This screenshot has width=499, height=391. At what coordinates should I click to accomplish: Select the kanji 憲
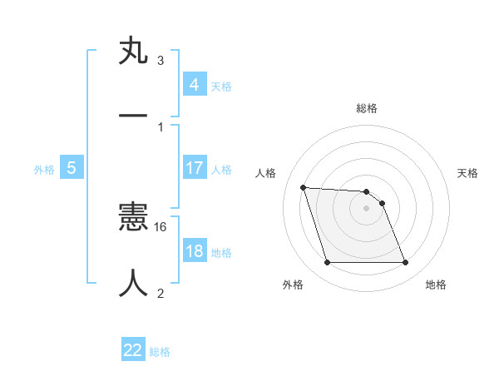coord(133,220)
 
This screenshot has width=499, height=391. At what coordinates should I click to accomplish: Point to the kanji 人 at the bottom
coord(133,283)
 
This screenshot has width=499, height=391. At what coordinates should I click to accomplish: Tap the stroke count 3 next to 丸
coord(160,61)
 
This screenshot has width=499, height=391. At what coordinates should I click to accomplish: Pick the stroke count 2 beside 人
coord(160,292)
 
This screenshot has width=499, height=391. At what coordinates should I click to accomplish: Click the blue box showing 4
coord(194,84)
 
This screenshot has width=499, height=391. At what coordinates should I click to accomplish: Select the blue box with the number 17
coord(194,168)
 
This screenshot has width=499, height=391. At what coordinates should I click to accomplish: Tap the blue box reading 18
coord(194,251)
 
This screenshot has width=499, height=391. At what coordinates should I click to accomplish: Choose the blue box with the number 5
coord(71,168)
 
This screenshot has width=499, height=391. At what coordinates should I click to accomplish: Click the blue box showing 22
coord(133,350)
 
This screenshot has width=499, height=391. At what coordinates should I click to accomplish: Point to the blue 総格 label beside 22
coord(160,352)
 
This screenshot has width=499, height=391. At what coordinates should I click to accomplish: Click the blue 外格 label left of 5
coord(44,170)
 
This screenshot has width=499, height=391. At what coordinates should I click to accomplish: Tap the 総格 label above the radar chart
coord(367,108)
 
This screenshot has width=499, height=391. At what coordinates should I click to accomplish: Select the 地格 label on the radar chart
coord(436,285)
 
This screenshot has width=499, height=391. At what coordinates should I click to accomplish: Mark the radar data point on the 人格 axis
coord(303,187)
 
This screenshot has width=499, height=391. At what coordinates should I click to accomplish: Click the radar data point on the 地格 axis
coord(405,263)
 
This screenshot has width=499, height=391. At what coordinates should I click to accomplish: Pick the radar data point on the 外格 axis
coord(327,263)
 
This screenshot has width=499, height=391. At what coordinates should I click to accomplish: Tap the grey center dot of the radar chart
coord(366,208)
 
